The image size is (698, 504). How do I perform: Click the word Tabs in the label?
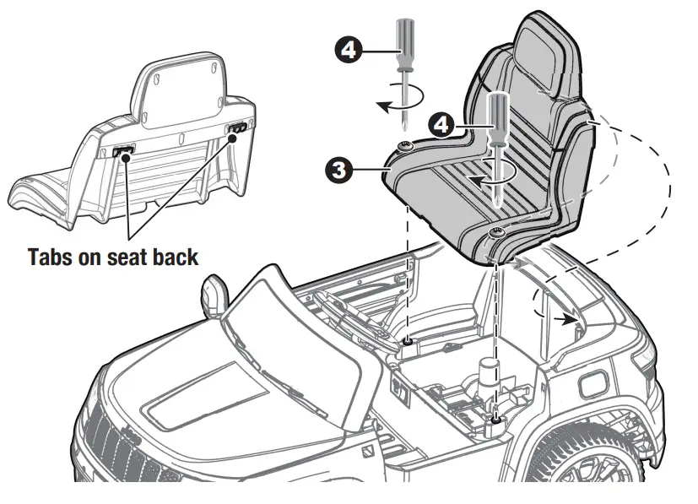point(55,257)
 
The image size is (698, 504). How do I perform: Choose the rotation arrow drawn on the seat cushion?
point(489,178)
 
